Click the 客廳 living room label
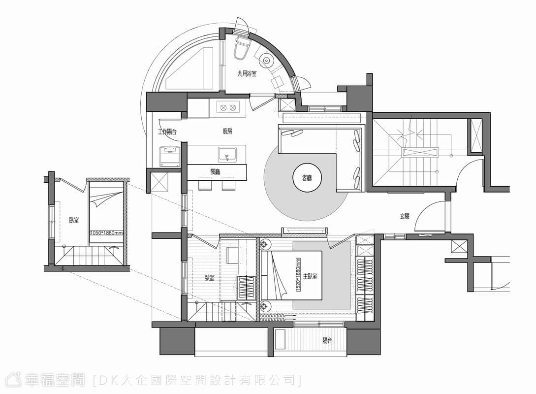307,178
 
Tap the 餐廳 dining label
216,172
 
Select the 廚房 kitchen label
227,131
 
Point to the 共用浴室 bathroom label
247,73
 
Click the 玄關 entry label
405,216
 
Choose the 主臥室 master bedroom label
310,276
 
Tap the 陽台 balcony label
327,340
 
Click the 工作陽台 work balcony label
167,131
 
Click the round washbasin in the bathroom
266,61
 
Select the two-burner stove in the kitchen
228,107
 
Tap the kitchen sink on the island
226,154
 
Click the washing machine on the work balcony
170,156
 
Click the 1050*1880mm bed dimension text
106,233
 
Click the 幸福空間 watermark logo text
54,380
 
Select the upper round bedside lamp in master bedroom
265,245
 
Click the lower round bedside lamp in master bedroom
265,305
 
